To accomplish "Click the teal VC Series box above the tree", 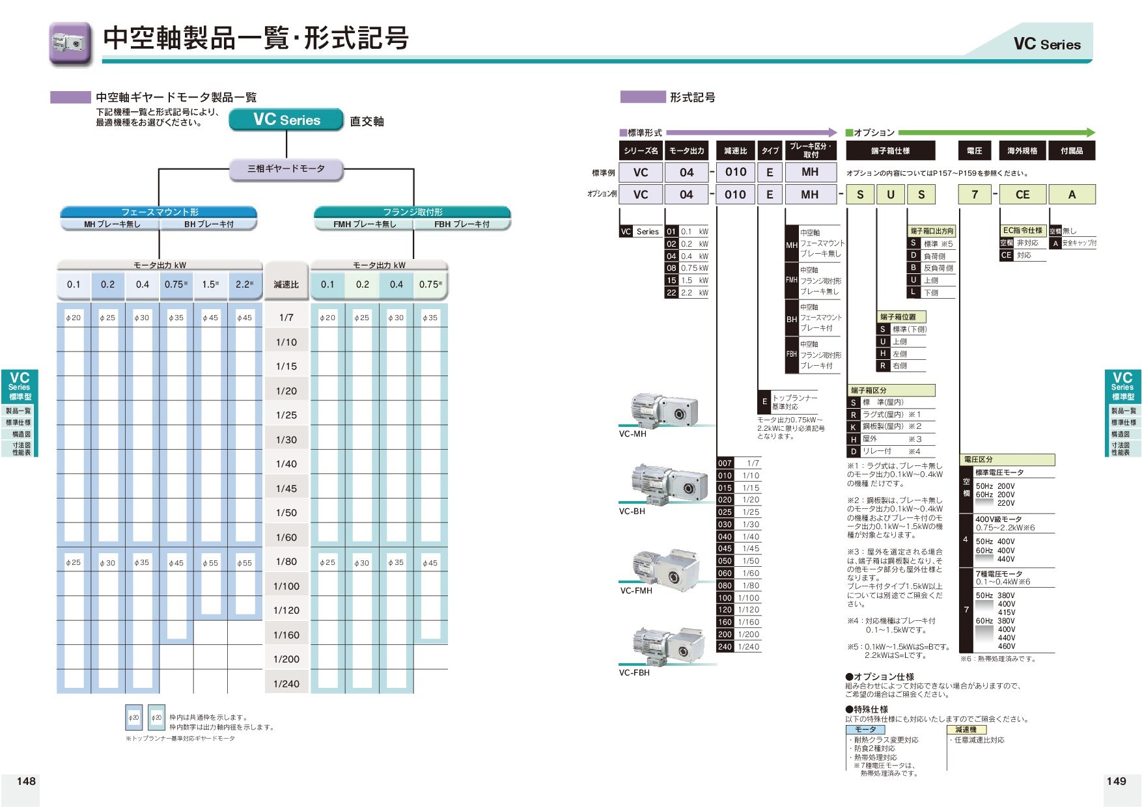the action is tap(286, 120).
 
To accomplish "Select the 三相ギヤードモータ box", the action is tap(286, 169).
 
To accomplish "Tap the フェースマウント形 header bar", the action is tap(159, 212).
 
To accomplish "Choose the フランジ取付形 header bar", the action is tap(412, 212).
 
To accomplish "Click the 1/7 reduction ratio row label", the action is tap(286, 318).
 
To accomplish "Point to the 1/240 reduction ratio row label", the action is tap(286, 683).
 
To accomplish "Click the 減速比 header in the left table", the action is tap(286, 284).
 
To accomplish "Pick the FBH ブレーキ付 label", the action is tap(462, 225).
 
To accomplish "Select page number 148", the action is tap(26, 781).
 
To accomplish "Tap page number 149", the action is tap(1116, 781).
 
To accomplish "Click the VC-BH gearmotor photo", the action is tap(668, 484).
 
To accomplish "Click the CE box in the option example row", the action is tap(1022, 195).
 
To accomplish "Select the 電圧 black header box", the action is tap(974, 151).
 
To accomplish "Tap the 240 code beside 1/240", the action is tap(725, 647).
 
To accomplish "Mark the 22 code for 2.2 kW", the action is tap(671, 293).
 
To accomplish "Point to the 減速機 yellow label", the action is tap(966, 730).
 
